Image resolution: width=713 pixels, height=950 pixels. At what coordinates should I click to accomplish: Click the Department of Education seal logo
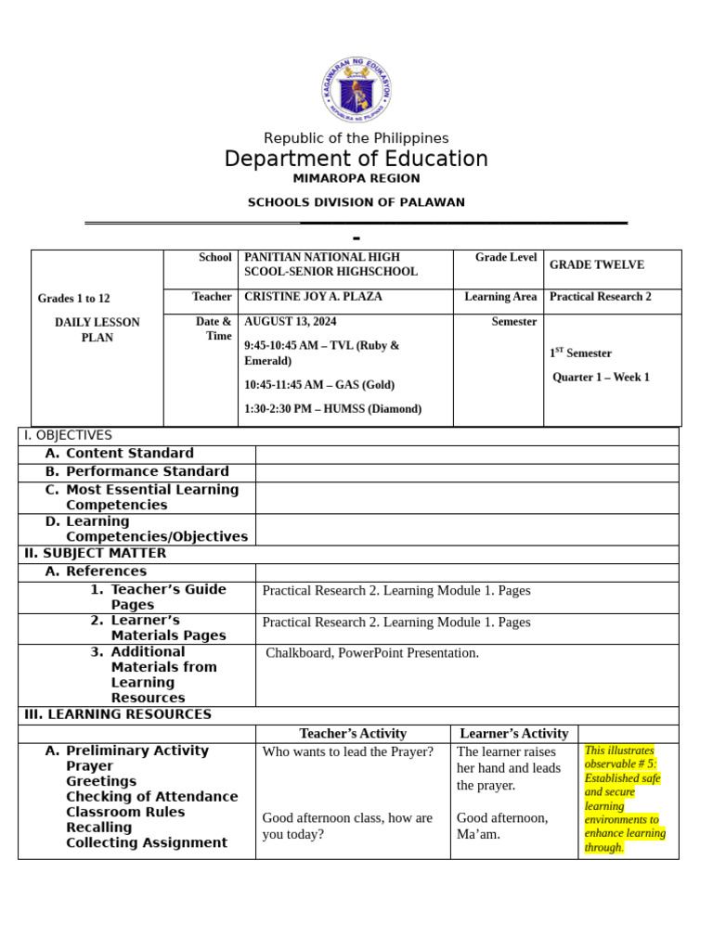click(356, 90)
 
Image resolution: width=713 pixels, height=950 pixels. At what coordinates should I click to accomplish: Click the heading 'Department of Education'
click(356, 159)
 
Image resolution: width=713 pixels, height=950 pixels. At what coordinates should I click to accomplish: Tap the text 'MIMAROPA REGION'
click(356, 179)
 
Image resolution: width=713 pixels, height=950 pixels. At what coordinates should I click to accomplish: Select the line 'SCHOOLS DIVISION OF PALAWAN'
click(356, 202)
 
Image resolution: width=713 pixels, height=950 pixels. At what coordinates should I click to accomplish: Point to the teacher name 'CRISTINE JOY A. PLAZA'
click(313, 297)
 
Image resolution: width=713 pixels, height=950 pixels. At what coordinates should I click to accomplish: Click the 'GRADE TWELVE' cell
click(596, 265)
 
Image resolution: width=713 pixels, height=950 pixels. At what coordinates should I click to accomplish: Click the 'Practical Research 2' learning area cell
click(600, 297)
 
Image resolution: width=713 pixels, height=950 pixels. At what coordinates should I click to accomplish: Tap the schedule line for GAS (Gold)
click(319, 385)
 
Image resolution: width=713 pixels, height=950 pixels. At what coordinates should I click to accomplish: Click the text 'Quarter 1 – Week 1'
click(601, 378)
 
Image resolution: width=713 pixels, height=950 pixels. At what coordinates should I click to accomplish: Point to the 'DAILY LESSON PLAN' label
click(97, 330)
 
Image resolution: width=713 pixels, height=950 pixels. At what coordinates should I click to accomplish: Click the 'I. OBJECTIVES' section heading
click(68, 436)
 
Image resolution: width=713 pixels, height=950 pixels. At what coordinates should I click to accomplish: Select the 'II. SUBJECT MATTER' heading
click(95, 554)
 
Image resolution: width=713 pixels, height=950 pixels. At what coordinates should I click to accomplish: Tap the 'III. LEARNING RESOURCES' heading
click(117, 715)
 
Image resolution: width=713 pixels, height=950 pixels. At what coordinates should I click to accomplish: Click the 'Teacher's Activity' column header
click(353, 734)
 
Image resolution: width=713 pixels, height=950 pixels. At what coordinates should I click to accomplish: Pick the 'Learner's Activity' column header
click(513, 734)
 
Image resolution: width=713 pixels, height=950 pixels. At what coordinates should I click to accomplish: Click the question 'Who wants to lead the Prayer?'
click(348, 752)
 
